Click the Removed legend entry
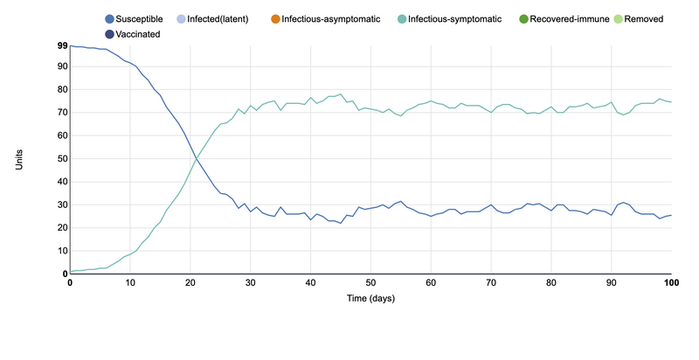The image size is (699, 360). [662, 18]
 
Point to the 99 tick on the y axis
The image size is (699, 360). [62, 45]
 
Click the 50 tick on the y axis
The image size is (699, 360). [62, 158]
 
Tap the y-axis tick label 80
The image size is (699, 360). [62, 89]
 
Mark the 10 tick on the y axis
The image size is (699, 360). [62, 251]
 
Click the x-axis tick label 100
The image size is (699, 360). [670, 283]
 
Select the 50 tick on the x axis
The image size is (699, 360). [370, 283]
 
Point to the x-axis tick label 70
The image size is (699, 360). [491, 283]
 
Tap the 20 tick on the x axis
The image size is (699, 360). [190, 283]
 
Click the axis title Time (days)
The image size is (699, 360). [370, 299]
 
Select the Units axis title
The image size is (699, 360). [19, 159]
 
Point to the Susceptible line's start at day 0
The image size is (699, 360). [70, 45]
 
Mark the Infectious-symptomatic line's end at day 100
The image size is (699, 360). [671, 102]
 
